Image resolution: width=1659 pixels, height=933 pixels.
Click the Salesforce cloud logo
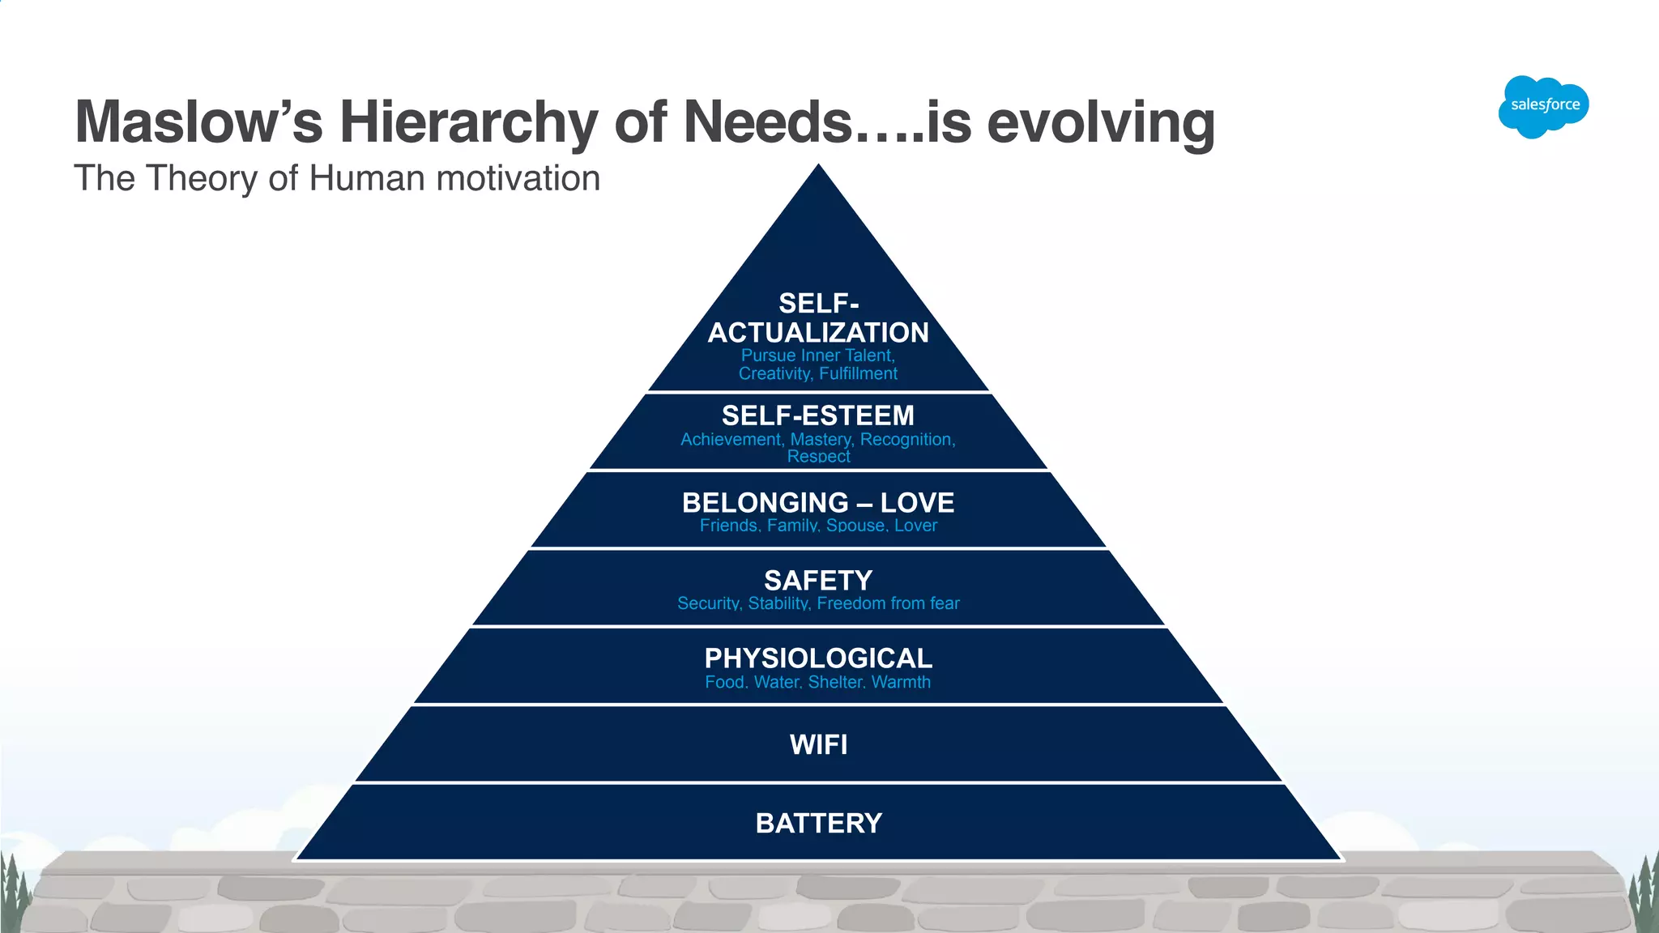point(1544,106)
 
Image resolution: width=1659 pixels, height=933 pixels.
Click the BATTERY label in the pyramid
point(819,823)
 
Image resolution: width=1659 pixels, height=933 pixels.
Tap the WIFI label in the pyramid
point(819,744)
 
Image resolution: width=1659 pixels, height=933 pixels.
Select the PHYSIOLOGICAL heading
point(818,658)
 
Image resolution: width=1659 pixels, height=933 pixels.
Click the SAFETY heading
point(818,580)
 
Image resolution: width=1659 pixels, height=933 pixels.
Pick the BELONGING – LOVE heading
point(818,502)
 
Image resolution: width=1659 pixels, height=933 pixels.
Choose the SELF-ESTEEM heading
point(818,415)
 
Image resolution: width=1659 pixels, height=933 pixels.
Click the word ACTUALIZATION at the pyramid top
point(818,332)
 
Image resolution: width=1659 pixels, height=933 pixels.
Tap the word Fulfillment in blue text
point(858,373)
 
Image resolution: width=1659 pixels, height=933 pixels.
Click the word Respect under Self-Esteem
point(818,457)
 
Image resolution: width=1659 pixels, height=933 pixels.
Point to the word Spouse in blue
point(855,526)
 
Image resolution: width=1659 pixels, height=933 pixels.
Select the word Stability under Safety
point(778,603)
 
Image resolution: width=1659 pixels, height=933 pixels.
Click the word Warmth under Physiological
point(901,682)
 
